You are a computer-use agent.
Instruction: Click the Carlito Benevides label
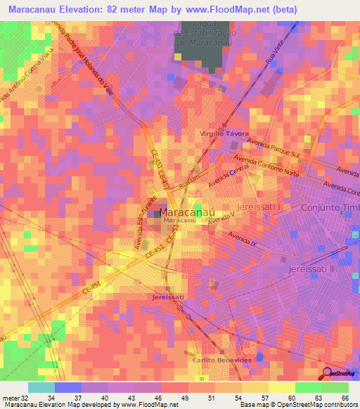[221, 360]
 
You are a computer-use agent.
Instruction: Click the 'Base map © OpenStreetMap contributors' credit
[297, 405]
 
